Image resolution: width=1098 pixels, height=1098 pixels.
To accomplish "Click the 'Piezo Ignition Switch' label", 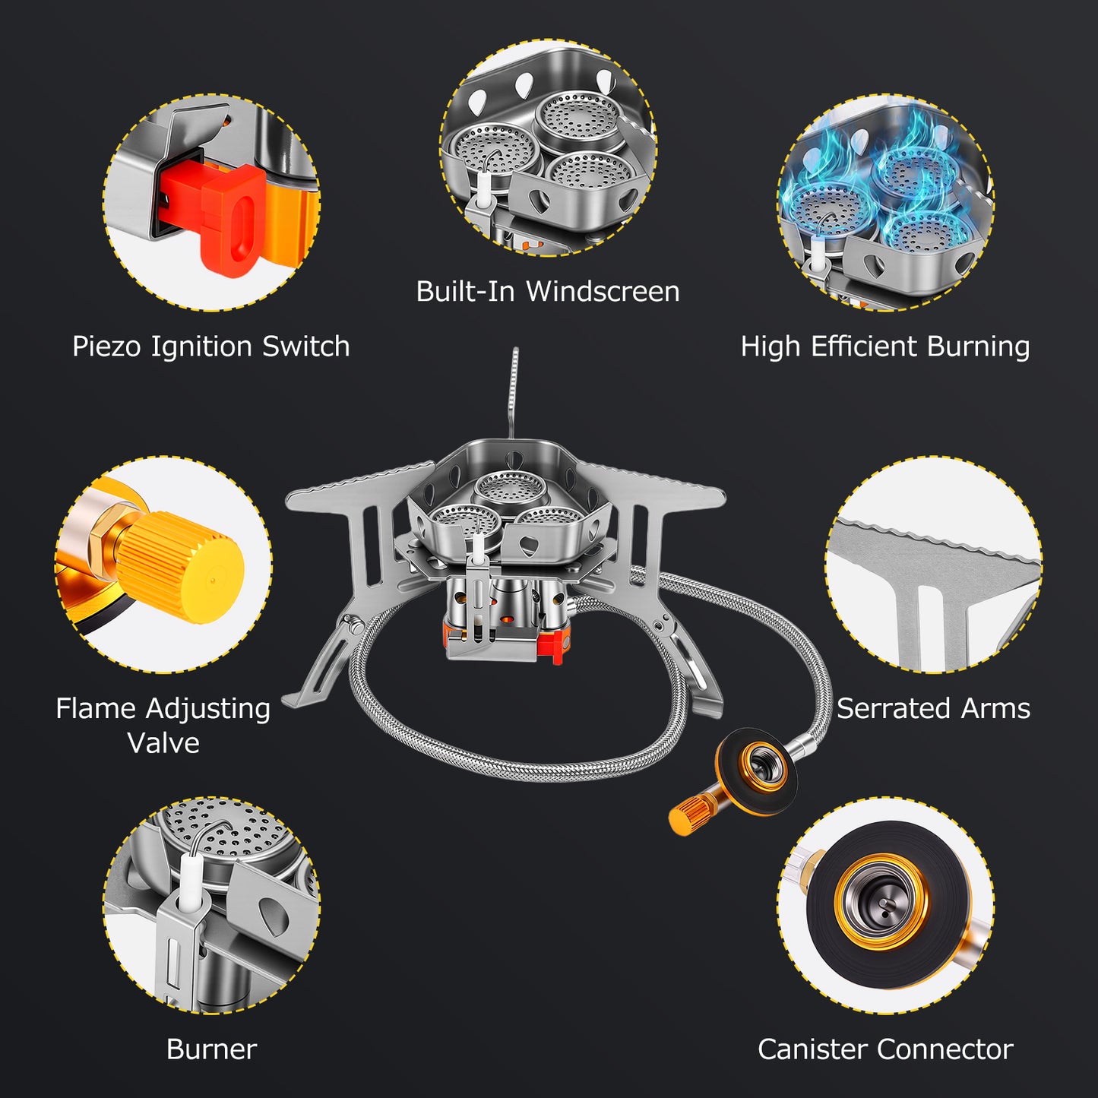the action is [x=210, y=346].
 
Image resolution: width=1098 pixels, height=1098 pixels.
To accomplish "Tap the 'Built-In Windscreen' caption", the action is [x=548, y=291].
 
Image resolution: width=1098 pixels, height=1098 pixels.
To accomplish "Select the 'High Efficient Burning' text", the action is [x=885, y=346].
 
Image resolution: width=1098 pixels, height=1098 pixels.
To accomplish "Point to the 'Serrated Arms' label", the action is [x=933, y=708].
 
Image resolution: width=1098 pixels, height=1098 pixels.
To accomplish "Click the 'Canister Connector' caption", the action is [x=885, y=1049].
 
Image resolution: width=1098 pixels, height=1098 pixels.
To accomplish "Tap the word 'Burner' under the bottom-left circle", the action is [x=211, y=1049].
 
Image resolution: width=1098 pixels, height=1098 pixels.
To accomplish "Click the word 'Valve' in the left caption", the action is [x=163, y=743].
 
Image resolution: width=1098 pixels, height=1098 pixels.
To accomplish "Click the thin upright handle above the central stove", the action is [x=514, y=393].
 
